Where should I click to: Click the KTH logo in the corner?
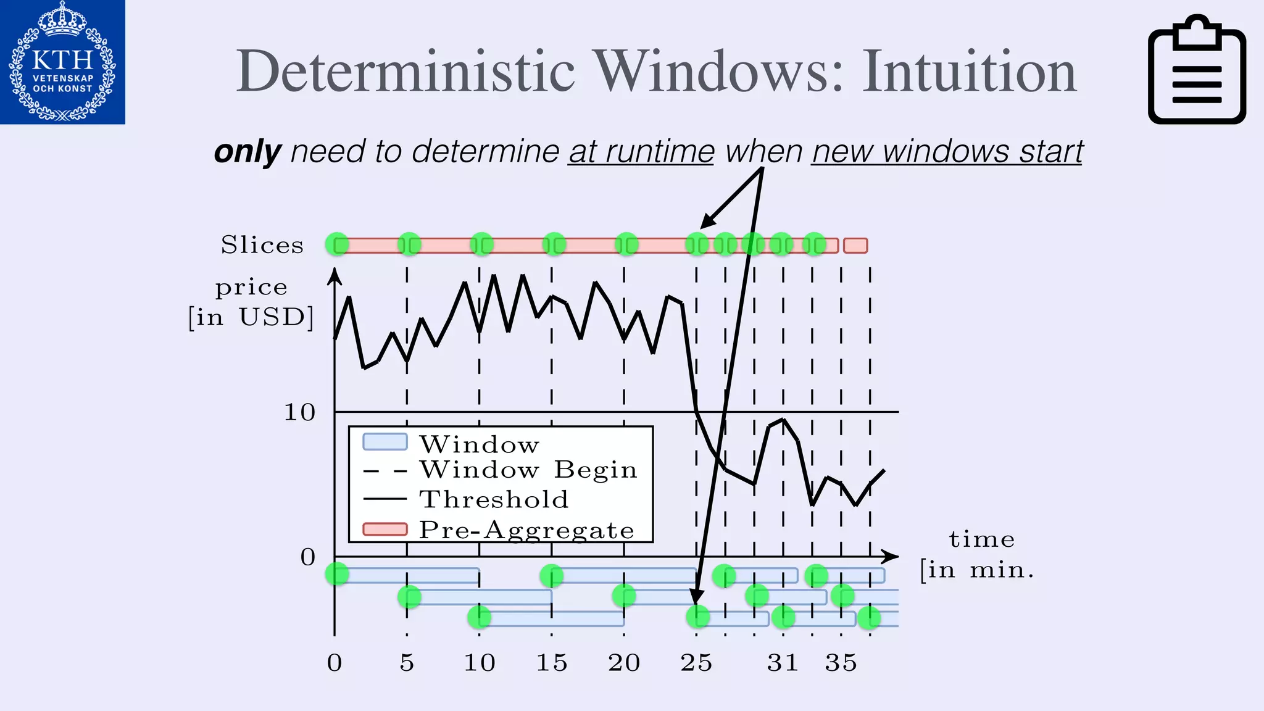[62, 62]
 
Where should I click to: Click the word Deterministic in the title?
[405, 72]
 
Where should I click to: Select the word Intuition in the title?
[969, 72]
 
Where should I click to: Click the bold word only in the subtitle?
[247, 152]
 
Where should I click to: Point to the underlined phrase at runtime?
[641, 152]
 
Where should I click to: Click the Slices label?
[262, 245]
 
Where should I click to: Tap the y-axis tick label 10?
[299, 412]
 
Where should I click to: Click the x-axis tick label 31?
[783, 663]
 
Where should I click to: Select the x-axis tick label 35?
[841, 663]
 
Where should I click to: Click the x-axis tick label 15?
[551, 663]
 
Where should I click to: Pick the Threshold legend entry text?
[494, 499]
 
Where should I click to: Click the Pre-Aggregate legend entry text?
[526, 530]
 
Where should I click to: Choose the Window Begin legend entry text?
[528, 470]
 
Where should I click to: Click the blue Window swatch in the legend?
[385, 442]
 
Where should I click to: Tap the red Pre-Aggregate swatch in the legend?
[385, 529]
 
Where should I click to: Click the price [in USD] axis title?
[251, 302]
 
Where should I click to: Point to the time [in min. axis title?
[978, 554]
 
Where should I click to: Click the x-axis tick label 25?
[696, 663]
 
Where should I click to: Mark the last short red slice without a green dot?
[855, 246]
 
